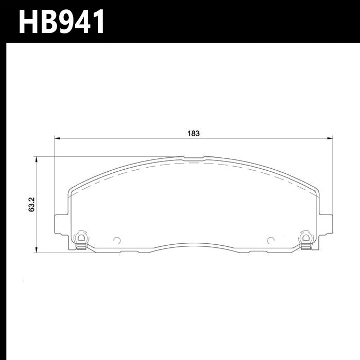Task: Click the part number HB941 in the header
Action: (x=62, y=22)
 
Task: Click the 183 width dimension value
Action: (x=193, y=133)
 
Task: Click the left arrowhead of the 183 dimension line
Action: (x=57, y=138)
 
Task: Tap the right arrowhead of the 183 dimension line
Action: (x=330, y=138)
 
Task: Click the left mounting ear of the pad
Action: (x=60, y=226)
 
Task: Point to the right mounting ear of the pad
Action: (x=326, y=226)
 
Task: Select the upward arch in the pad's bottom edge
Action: (x=193, y=244)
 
